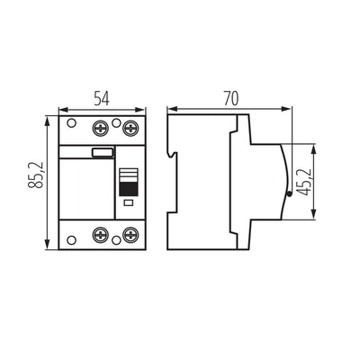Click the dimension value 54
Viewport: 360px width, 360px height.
tap(102, 95)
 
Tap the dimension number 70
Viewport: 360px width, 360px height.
tap(230, 95)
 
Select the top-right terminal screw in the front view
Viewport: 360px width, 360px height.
tap(131, 125)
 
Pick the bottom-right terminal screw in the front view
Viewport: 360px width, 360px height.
tap(131, 236)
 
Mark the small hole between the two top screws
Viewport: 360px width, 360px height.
tap(116, 120)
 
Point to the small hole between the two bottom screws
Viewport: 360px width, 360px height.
tap(116, 241)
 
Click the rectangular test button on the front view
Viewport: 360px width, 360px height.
tap(102, 154)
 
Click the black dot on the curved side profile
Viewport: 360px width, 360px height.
tap(287, 191)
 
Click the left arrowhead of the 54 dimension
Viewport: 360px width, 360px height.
tap(60, 107)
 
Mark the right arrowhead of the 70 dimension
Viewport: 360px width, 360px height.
tap(292, 107)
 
